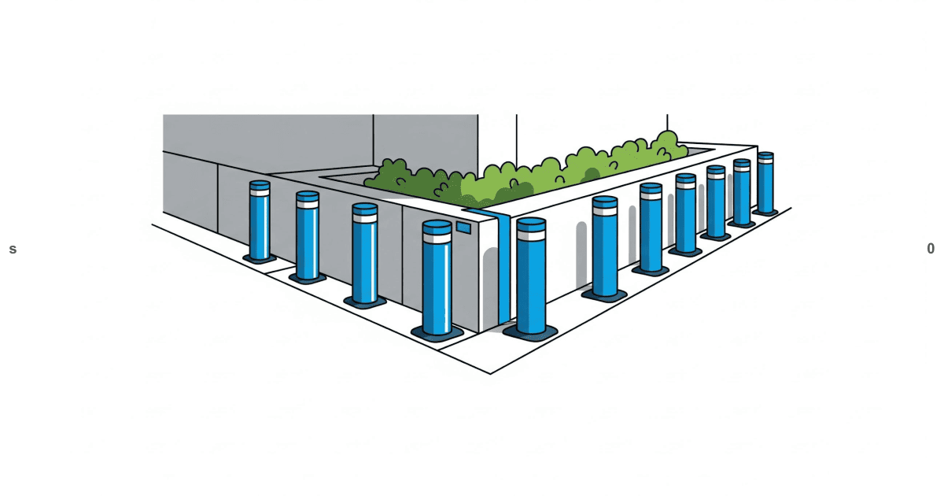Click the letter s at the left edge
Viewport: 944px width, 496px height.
[13, 250]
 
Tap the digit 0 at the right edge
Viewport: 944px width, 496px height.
[931, 249]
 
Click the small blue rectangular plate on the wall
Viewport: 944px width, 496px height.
[463, 228]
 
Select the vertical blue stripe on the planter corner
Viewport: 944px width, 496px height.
[503, 268]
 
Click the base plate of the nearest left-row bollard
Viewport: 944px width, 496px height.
[437, 334]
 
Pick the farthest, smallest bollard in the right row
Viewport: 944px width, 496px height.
[765, 183]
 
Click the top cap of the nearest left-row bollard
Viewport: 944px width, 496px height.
[437, 227]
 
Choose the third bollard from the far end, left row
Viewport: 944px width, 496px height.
[364, 254]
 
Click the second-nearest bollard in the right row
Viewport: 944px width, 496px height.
[604, 248]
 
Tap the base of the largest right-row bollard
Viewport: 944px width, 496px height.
[530, 331]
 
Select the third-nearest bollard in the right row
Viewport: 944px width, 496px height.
[651, 229]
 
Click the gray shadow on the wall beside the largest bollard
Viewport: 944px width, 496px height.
[491, 283]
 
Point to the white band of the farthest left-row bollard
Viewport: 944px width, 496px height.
[260, 191]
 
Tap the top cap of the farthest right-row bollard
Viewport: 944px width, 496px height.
[765, 155]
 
